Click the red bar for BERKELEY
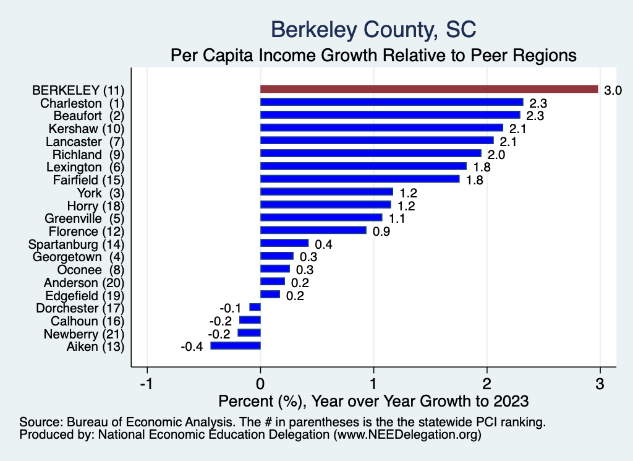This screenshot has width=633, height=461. point(429,89)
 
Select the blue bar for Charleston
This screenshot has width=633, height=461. point(392,102)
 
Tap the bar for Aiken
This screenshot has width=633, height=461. point(236,346)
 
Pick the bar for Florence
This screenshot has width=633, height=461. point(313,230)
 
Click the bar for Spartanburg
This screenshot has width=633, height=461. point(284,243)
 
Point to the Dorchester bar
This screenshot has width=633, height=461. point(255,308)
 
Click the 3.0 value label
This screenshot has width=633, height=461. point(613,90)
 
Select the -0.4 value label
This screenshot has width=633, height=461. point(192,347)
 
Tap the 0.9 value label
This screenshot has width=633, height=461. point(381,231)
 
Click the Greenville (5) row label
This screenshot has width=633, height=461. point(85,218)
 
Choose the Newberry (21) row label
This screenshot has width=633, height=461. point(84,334)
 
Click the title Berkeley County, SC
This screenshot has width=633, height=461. point(373,29)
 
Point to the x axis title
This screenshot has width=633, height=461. point(373,400)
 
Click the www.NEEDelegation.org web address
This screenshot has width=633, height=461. point(408,436)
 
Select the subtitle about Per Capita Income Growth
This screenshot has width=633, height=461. point(373,56)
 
